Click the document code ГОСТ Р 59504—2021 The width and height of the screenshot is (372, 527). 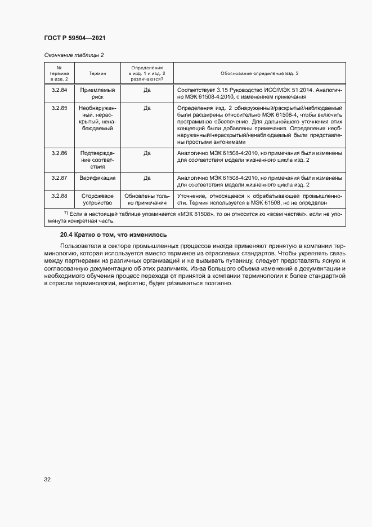74,38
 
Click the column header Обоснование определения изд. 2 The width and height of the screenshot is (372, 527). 259,73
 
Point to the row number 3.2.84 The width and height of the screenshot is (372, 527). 59,90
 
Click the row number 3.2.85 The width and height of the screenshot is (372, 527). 59,107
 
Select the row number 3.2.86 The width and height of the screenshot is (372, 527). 59,153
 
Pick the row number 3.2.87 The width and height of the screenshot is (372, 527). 59,178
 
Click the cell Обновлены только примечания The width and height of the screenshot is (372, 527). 147,199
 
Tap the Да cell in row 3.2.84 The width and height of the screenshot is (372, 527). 147,90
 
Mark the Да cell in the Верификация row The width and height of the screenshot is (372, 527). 147,178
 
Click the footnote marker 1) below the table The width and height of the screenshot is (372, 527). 65,212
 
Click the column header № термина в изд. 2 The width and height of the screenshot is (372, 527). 59,73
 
